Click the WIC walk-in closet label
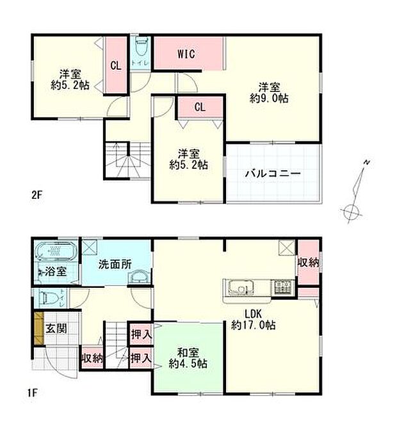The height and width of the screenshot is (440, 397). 186,54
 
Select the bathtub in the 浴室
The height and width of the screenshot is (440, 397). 54,251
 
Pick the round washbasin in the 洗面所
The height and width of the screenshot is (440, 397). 138,276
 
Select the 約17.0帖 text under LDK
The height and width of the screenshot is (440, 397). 255,325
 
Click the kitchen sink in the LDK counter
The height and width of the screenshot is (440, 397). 241,288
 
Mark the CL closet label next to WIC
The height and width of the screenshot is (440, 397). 199,107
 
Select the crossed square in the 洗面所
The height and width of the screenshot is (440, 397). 90,246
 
